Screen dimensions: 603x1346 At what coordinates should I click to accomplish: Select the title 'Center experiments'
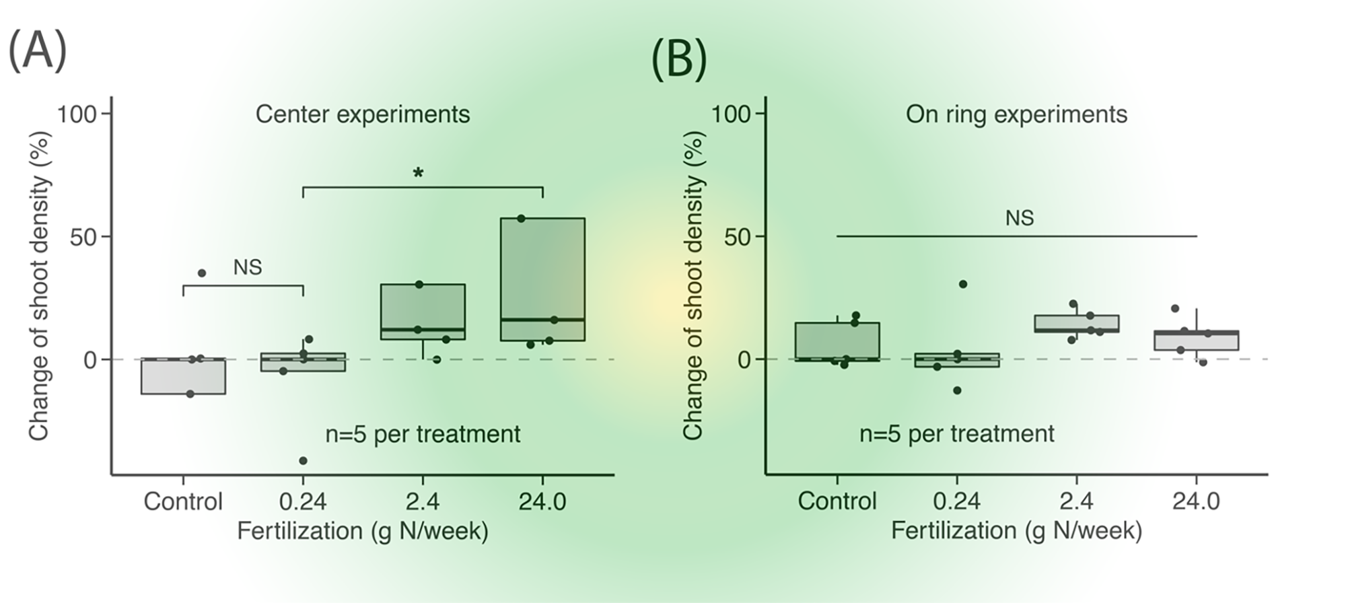tap(362, 114)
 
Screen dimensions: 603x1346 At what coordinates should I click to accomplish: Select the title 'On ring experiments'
tap(1016, 114)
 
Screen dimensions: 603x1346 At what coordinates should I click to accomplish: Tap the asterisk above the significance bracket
tap(418, 174)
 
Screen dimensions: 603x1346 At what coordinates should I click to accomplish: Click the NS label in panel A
tap(248, 267)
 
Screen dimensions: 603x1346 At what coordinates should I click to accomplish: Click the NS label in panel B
tap(1019, 218)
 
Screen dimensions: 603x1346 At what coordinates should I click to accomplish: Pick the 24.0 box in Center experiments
tap(542, 279)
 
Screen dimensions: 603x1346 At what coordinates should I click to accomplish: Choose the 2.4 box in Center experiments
tap(423, 312)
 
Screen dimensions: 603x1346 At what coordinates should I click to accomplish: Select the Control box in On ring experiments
tap(837, 341)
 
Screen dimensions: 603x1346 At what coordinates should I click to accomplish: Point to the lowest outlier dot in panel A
tap(303, 461)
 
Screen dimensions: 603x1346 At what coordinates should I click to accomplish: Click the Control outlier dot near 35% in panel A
tap(201, 273)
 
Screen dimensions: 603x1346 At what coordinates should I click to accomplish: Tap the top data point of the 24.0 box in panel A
tap(521, 218)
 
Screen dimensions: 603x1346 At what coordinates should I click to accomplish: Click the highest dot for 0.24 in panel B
tap(962, 284)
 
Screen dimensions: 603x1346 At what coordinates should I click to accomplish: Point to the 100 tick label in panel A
tap(78, 114)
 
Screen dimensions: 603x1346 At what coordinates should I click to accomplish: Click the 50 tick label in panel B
tap(738, 236)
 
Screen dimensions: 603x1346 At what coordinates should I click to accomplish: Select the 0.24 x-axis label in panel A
tap(303, 502)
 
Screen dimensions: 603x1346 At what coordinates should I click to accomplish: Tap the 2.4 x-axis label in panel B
tap(1077, 502)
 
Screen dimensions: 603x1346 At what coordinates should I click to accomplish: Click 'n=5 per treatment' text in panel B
tap(956, 434)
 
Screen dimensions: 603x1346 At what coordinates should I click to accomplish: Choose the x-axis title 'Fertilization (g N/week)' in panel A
tap(362, 532)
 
